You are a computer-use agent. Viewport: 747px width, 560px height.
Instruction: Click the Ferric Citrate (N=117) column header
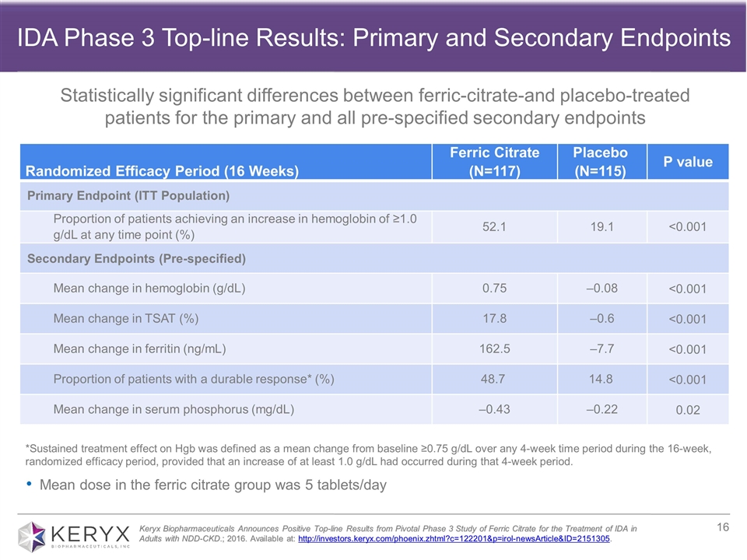[x=494, y=161]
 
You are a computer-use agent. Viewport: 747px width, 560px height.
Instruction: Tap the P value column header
[x=688, y=162]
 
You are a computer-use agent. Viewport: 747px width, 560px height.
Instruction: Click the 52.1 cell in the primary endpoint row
[x=496, y=226]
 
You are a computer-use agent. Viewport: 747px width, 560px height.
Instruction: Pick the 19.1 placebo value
[x=601, y=226]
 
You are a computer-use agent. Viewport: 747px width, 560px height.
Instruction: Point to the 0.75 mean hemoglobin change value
[x=496, y=288]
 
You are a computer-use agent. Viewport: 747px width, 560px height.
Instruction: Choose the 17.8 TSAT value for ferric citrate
[x=496, y=318]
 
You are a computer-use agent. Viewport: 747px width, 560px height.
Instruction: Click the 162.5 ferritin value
[x=496, y=348]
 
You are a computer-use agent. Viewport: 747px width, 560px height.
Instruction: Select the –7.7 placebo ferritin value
[x=601, y=348]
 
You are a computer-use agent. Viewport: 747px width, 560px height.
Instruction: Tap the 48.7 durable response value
[x=496, y=379]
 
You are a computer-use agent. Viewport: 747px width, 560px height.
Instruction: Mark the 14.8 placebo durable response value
[x=601, y=379]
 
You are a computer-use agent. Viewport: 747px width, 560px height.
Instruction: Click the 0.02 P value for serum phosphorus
[x=688, y=410]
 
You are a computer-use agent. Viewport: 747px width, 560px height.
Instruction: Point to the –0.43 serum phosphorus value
[x=496, y=409]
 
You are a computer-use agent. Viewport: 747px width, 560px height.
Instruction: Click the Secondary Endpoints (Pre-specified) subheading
[x=137, y=257]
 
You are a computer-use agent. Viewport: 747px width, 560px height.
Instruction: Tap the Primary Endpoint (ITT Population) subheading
[x=128, y=194]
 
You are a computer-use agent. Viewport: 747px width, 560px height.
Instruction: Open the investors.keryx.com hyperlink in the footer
[x=454, y=539]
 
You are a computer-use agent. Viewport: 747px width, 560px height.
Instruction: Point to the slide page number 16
[x=722, y=528]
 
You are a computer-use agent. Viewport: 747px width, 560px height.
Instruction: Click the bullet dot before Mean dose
[x=29, y=485]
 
